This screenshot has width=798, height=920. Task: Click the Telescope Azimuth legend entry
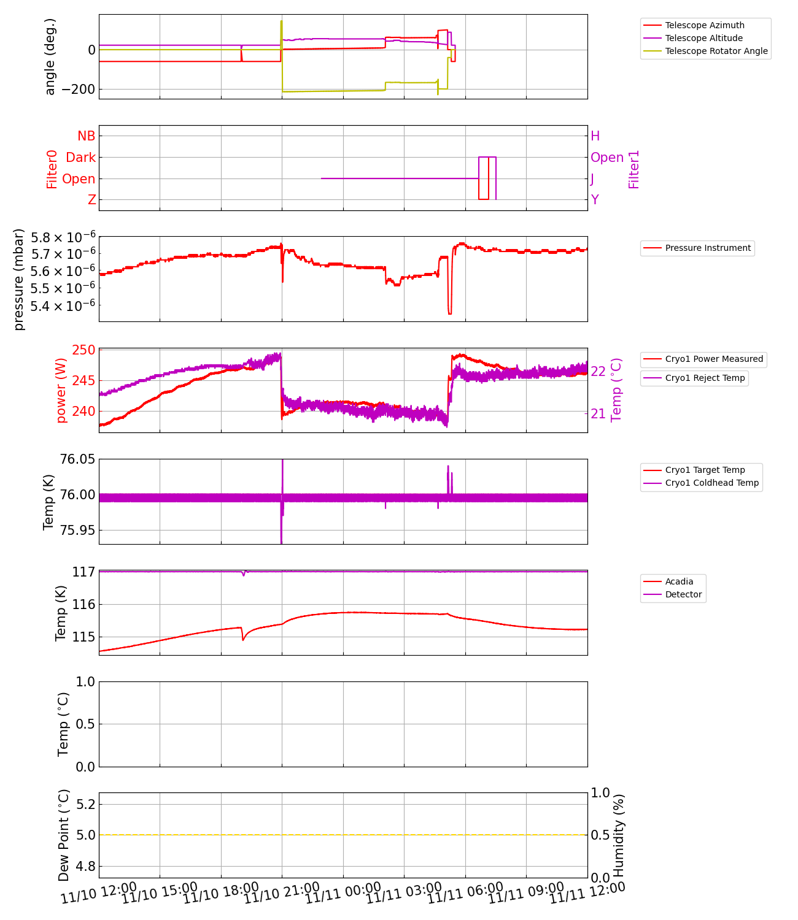point(704,25)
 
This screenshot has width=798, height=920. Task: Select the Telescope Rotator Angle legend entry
point(716,51)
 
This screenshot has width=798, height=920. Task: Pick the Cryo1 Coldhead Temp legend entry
point(711,483)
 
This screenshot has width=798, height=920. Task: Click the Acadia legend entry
point(679,581)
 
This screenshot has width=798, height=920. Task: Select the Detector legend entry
point(683,594)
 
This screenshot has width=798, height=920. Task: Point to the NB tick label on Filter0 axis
point(86,136)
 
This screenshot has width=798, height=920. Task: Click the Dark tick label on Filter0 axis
point(80,158)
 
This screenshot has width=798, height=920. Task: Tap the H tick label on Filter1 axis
point(595,136)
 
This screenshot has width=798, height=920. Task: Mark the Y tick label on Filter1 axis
point(595,200)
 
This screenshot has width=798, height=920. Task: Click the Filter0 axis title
point(52,169)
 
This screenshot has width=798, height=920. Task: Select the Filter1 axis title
point(634,169)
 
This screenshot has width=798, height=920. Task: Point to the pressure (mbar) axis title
point(19,279)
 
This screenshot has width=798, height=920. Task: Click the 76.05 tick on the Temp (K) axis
point(77,459)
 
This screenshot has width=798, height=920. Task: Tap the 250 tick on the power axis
point(84,350)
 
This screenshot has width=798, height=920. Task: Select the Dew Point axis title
point(64,835)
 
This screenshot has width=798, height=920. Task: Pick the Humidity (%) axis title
point(619,835)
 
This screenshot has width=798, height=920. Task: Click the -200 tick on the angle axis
point(79,90)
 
